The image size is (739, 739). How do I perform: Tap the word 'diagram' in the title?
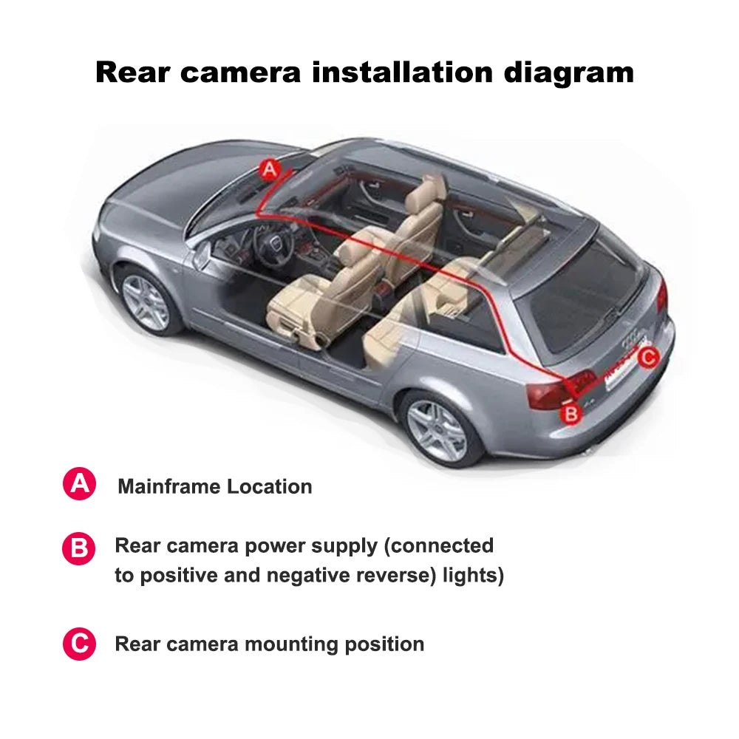[569, 72]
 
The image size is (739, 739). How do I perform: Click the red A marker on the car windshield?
[270, 169]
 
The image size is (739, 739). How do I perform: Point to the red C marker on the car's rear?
[647, 358]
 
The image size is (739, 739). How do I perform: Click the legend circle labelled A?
[79, 485]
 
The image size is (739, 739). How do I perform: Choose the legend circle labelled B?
[79, 549]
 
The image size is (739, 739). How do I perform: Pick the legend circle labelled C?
[79, 644]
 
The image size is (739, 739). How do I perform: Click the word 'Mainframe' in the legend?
[169, 486]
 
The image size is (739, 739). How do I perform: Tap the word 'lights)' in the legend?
[473, 576]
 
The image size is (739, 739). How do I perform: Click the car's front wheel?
[146, 302]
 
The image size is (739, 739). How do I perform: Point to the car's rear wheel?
[437, 430]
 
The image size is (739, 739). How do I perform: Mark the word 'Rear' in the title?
[132, 72]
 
